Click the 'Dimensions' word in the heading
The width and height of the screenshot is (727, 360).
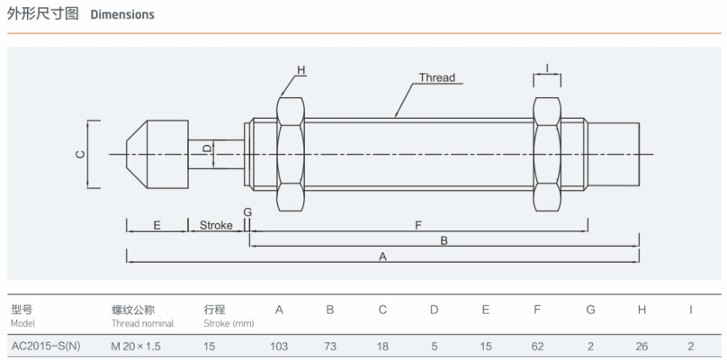[122, 14]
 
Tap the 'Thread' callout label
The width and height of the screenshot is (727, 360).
[436, 77]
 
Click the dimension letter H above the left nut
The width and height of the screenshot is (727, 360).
[301, 70]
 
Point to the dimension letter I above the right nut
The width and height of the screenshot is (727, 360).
[547, 67]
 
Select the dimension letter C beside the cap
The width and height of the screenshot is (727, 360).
[79, 155]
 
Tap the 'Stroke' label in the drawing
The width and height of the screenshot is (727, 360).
[216, 225]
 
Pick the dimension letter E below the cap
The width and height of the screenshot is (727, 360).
[157, 225]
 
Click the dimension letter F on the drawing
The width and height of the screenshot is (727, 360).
[418, 225]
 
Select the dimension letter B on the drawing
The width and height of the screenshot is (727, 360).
[444, 240]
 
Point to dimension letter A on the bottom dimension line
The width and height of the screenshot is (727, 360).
[382, 256]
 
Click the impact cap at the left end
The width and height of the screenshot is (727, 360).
[155, 154]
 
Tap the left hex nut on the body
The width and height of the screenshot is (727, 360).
[291, 154]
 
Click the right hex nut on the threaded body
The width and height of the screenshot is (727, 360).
[546, 154]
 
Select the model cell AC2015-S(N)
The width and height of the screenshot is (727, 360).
[45, 345]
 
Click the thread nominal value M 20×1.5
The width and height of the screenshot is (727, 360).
[138, 345]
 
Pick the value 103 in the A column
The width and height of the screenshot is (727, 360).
[280, 345]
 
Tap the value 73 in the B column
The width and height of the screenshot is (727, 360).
[330, 345]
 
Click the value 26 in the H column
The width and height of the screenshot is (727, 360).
[642, 345]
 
